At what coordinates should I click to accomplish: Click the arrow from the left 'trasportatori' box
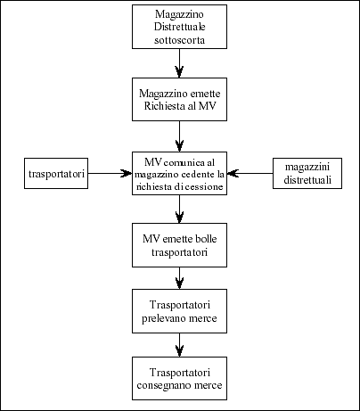pos(110,173)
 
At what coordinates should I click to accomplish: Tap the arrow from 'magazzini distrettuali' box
pos(250,173)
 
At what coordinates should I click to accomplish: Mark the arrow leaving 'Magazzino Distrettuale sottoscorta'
pos(179,63)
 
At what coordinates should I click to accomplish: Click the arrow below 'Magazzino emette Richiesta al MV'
pos(179,136)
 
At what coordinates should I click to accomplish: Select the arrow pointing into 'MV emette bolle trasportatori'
pos(179,209)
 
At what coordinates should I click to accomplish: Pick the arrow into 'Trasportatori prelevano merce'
pos(179,278)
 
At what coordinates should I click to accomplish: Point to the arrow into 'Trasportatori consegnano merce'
pos(179,345)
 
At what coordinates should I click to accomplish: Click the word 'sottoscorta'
pos(179,40)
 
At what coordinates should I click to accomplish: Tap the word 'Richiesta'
pos(162,106)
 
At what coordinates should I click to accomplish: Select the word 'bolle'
pos(206,239)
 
